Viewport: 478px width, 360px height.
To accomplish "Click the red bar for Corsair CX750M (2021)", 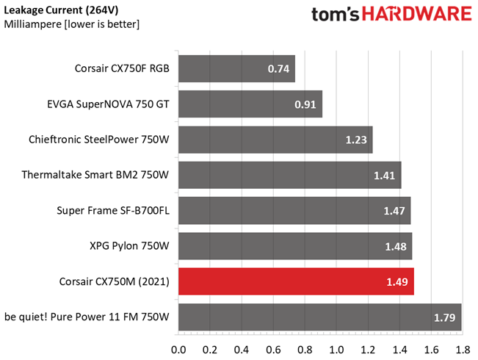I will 296,281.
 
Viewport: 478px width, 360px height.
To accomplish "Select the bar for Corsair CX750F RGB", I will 236,69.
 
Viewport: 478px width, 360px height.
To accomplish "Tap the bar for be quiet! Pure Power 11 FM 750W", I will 319,317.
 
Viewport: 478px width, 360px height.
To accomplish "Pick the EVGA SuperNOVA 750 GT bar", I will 250,104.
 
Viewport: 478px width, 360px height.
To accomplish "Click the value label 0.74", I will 278,69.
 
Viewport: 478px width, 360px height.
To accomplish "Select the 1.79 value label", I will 443,317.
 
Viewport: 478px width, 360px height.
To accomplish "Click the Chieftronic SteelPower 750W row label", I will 99,140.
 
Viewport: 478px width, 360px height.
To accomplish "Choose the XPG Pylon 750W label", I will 128,246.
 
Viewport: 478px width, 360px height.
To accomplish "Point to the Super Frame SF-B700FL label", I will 113,211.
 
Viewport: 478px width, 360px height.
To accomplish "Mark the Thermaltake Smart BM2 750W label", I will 95,175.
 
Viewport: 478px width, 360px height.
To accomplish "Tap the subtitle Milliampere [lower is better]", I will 72,24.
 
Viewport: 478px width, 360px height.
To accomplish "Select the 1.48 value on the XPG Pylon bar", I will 395,246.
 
